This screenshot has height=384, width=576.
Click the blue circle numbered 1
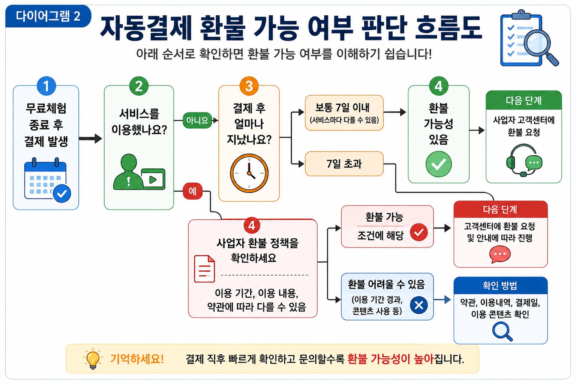coord(46,86)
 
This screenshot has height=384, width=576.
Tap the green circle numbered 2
coord(139,86)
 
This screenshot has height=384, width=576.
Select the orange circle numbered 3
coord(249,86)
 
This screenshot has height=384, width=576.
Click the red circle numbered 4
coord(252,226)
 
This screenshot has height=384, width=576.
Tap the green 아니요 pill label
coord(197,120)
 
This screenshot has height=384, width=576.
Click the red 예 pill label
coord(193,191)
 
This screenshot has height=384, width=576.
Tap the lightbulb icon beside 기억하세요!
coord(93,359)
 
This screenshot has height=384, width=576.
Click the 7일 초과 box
coord(344,164)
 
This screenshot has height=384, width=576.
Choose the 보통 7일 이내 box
coord(344,112)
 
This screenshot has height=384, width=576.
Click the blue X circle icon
coord(419,305)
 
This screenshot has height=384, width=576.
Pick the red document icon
coord(204,269)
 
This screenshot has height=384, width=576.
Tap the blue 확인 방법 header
coord(500,285)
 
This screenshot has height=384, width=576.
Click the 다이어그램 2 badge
coord(48,16)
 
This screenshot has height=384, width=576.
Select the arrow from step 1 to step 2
coord(90,139)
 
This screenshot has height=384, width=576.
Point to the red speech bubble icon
coord(500,254)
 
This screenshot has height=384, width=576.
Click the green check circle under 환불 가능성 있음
coord(439,164)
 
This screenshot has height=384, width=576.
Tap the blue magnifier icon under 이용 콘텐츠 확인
coord(502,331)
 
